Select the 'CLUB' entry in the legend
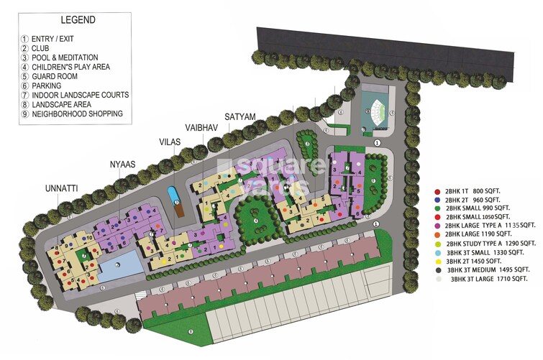point(44,48)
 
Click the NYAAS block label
point(123,163)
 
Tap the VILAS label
point(170,142)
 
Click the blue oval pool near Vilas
point(173,194)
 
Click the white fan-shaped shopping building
point(375,111)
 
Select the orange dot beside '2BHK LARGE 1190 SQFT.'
point(438,234)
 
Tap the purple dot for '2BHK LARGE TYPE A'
point(438,225)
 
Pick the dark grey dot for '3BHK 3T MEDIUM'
point(438,269)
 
